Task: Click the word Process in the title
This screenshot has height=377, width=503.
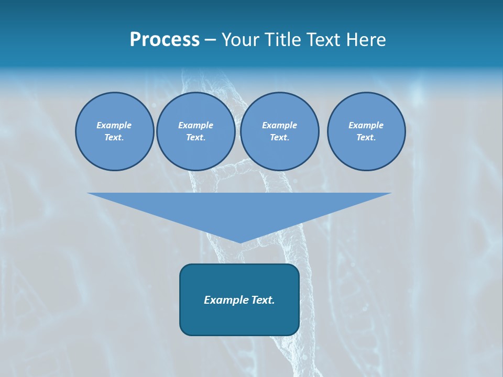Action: click(x=165, y=40)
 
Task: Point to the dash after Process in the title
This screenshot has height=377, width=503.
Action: click(x=210, y=41)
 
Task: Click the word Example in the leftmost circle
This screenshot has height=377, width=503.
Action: click(x=114, y=125)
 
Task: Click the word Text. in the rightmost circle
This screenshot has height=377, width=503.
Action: click(x=366, y=138)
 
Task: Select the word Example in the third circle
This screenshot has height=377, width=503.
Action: click(x=279, y=125)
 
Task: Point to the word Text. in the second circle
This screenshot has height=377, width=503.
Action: click(x=195, y=138)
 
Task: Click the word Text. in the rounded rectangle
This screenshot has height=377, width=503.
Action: click(x=263, y=300)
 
